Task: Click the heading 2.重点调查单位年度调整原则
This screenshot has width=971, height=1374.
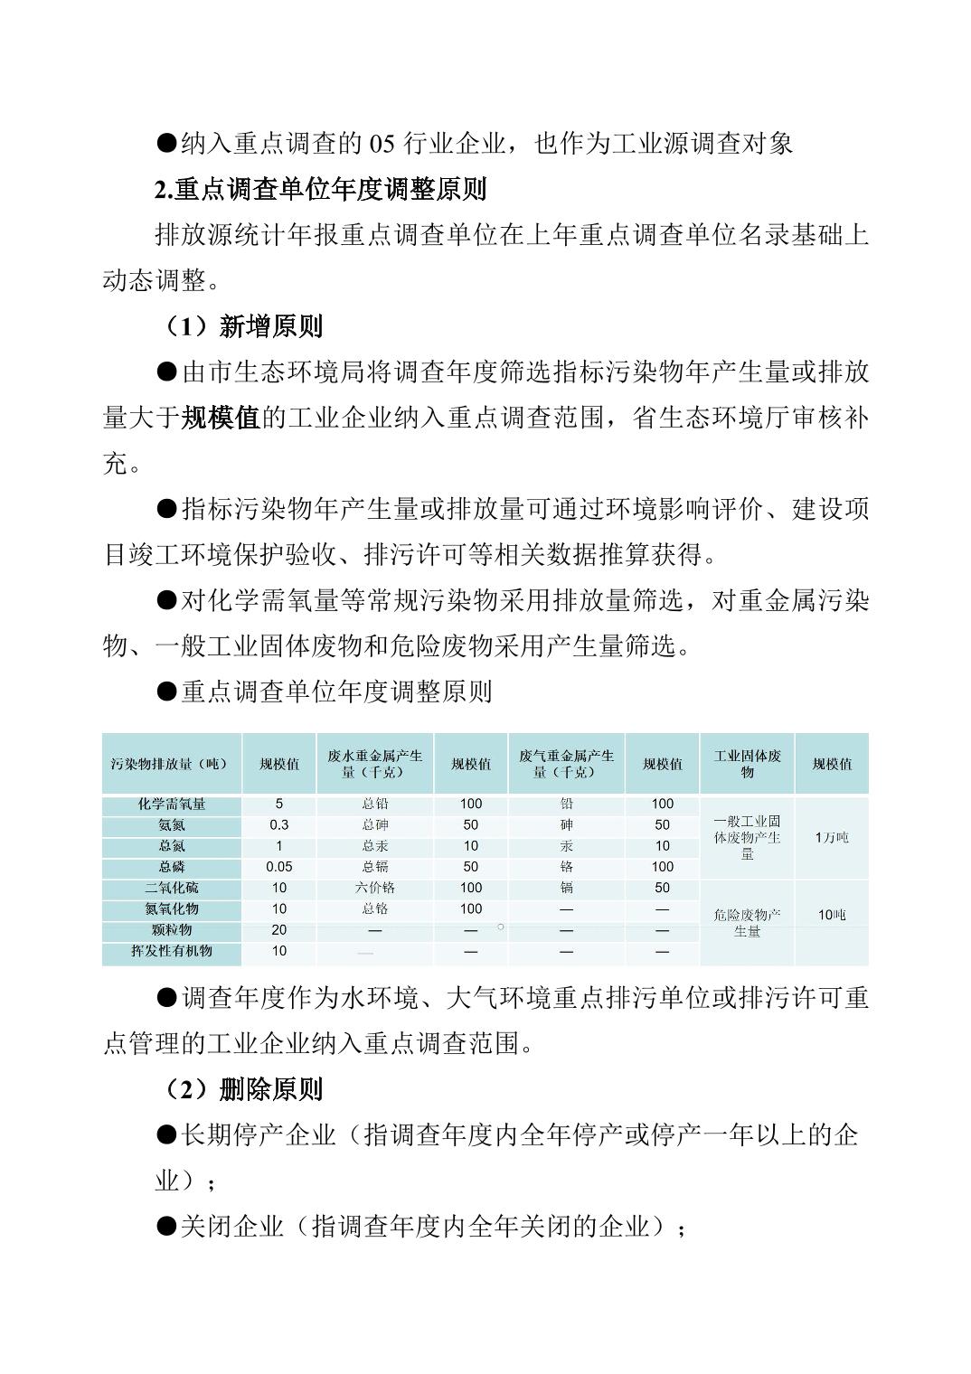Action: [x=321, y=190]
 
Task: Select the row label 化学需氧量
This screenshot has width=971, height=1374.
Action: [x=171, y=804]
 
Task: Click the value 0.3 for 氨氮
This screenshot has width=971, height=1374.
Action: [x=278, y=824]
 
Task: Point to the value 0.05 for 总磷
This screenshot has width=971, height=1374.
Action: [x=278, y=866]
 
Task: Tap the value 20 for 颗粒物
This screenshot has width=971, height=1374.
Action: [x=278, y=929]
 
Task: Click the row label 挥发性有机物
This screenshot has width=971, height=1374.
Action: [x=171, y=951]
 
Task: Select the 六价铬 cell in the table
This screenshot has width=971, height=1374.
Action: [x=374, y=888]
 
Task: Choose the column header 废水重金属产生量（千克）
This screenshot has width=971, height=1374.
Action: [x=374, y=764]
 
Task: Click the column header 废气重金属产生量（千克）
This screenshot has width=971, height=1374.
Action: [x=566, y=764]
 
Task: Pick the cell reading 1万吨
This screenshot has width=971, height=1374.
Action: [x=831, y=838]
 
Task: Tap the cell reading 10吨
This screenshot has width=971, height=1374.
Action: [x=831, y=915]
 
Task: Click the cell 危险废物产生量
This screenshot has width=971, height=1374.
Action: [x=747, y=923]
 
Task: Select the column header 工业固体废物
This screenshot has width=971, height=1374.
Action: [x=747, y=764]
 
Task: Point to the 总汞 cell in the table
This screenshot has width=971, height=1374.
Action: [x=374, y=846]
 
